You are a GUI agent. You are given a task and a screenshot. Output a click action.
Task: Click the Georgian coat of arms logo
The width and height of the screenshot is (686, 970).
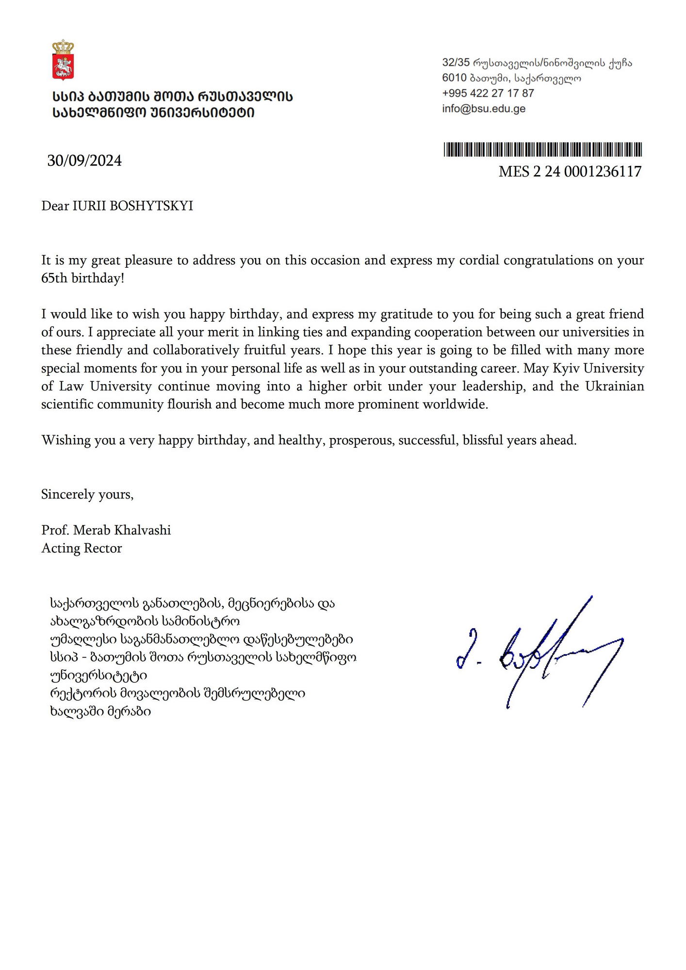tap(63, 61)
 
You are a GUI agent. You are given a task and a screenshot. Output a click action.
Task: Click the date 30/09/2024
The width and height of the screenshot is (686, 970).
tap(84, 161)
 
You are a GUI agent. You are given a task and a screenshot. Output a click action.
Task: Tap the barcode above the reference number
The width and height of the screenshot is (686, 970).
tap(542, 149)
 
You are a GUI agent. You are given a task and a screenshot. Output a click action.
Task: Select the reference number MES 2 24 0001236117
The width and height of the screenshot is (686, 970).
tap(570, 172)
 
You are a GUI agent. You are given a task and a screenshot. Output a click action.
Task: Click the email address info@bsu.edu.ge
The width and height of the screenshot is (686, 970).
tap(483, 109)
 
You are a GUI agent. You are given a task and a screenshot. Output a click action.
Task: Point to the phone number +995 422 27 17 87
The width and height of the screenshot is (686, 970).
tap(488, 93)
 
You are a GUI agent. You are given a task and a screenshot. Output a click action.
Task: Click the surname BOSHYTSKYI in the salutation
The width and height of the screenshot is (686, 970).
tap(151, 206)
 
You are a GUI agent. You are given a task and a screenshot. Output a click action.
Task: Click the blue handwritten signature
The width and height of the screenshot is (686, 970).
tap(539, 652)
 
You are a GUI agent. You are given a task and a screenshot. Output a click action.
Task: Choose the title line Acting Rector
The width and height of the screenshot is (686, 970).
tap(82, 549)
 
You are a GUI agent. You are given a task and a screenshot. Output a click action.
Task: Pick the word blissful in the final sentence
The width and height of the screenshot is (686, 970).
tap(483, 440)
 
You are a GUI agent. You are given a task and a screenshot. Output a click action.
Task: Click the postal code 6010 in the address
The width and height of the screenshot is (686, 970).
tap(454, 78)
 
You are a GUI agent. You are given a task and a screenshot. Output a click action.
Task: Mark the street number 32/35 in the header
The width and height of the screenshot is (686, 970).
tap(456, 63)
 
